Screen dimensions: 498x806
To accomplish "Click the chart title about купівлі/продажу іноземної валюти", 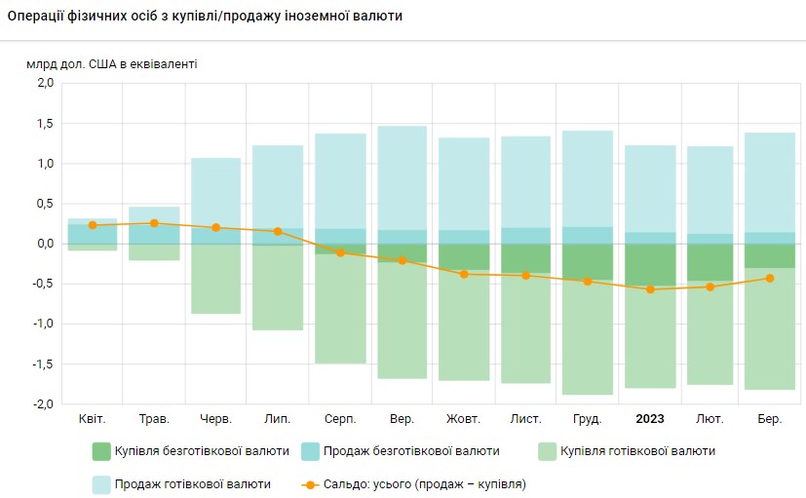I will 205,18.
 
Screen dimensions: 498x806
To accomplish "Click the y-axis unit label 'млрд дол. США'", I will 111,64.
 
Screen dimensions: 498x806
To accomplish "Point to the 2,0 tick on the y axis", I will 44,83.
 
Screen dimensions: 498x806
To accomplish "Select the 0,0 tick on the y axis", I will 44,244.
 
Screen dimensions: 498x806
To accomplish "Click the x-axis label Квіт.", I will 93,419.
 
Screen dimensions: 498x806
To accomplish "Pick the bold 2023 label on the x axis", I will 650,419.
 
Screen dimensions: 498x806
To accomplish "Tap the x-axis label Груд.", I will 588,419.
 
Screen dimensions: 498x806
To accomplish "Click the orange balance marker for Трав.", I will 154,223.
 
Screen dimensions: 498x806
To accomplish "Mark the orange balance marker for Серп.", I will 340,252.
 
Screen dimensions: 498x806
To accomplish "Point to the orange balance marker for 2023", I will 650,289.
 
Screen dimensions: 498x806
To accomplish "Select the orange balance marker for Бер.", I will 769,278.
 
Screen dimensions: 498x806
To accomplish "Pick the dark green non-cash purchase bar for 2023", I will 650,265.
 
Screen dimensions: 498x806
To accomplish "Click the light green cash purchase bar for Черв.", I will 215,278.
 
